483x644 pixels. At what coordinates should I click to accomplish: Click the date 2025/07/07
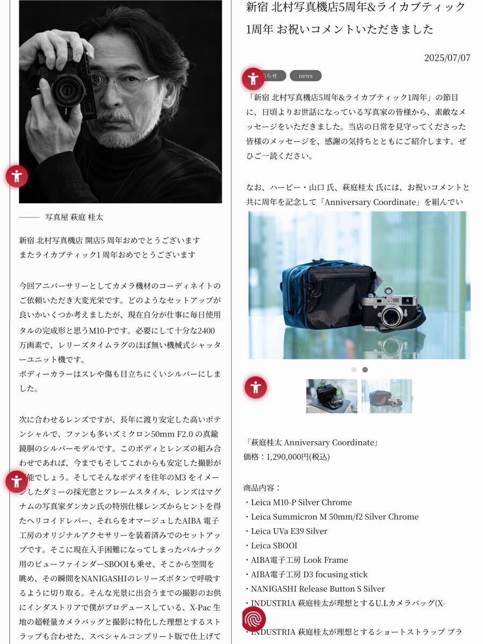click(x=447, y=58)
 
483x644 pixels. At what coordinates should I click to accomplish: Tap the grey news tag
click(x=305, y=76)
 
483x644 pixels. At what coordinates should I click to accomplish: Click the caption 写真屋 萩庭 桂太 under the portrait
click(x=74, y=217)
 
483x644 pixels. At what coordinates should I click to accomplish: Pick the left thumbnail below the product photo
click(x=332, y=396)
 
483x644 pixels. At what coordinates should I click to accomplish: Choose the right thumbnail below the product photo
click(x=386, y=396)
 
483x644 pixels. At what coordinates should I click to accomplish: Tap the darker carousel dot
click(x=365, y=369)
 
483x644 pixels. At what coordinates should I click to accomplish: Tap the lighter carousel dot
click(x=354, y=369)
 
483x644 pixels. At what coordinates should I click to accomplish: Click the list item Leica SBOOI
click(x=274, y=545)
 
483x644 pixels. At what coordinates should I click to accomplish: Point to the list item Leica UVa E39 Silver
click(x=289, y=531)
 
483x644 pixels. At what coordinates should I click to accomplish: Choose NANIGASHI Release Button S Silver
click(x=318, y=589)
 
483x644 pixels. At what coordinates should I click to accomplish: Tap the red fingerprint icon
click(x=254, y=619)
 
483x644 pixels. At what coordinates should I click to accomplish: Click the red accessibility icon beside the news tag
click(x=253, y=79)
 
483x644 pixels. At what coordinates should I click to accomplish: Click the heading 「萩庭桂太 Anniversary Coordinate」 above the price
click(x=312, y=443)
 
